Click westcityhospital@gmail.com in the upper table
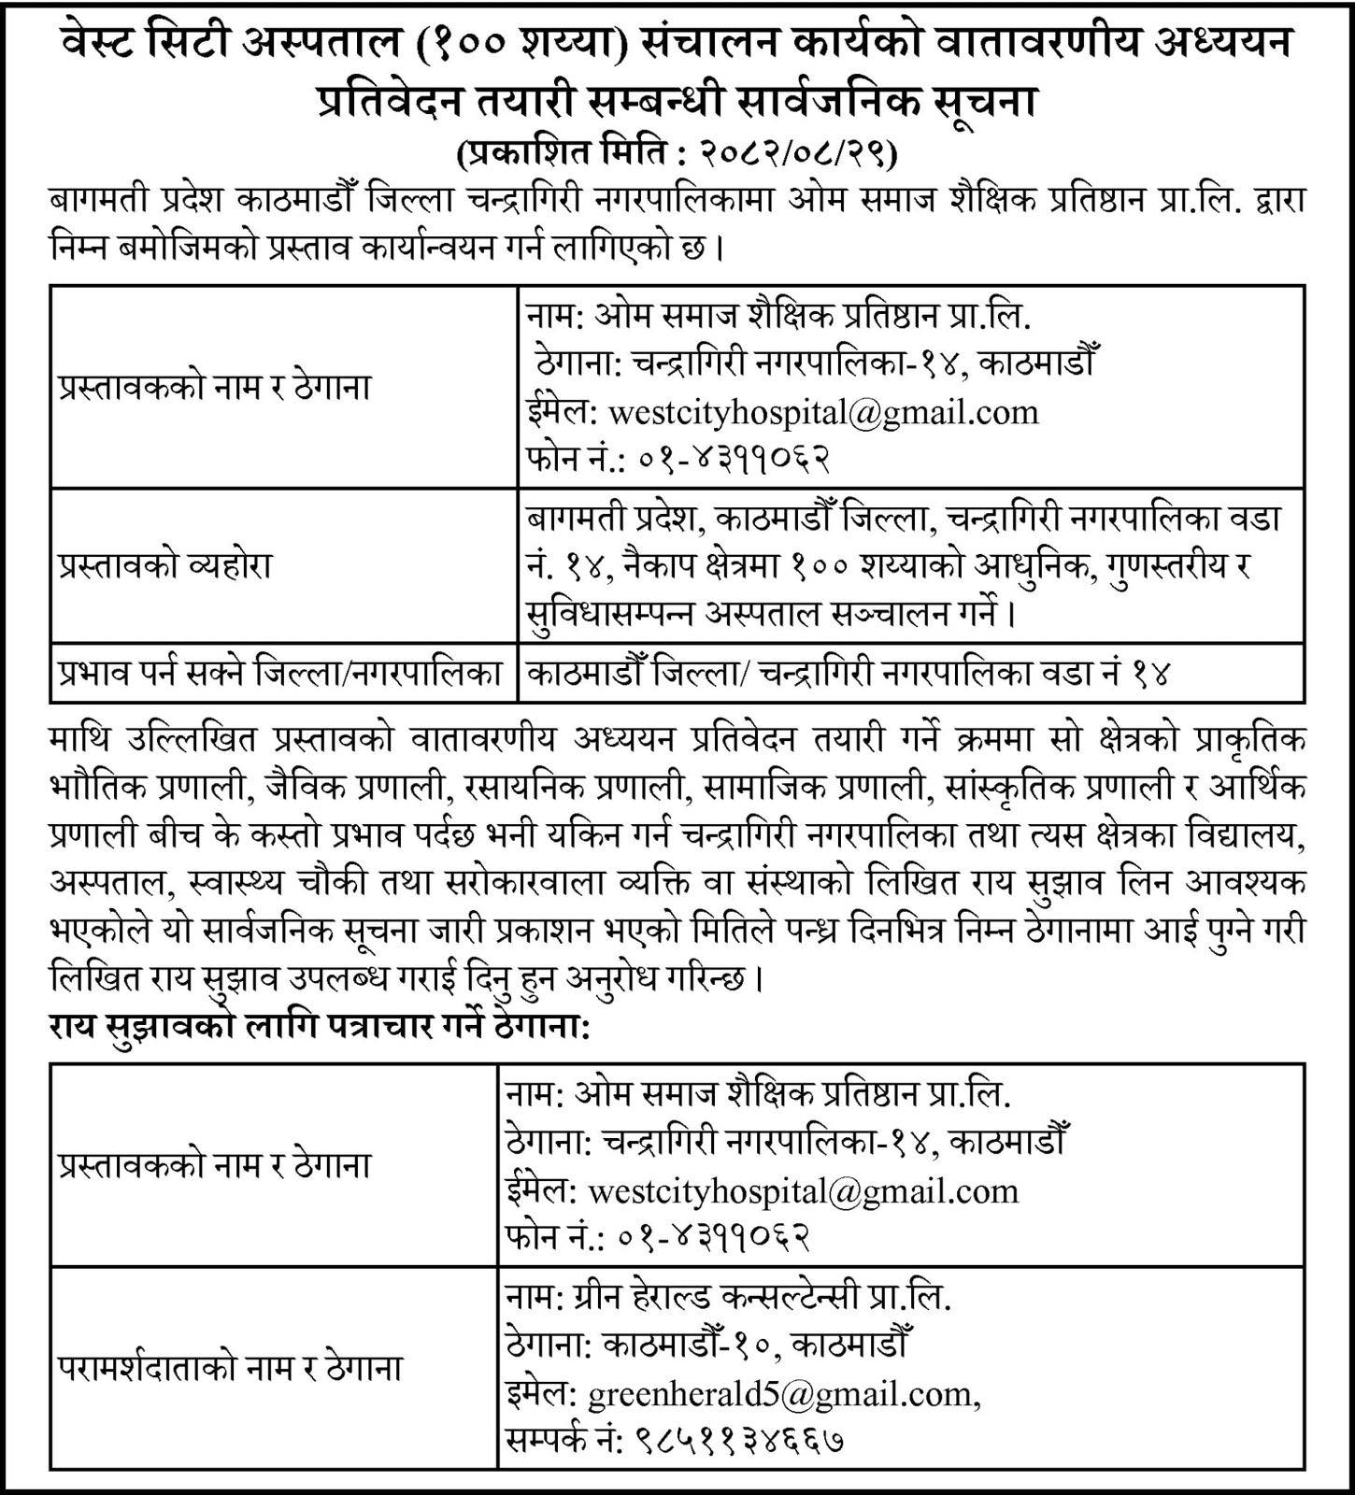822,412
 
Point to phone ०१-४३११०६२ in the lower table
712,1237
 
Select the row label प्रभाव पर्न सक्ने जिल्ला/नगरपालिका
280,673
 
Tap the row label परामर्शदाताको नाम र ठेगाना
229,1369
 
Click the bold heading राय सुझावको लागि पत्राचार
271,1030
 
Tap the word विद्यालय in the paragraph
1246,834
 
